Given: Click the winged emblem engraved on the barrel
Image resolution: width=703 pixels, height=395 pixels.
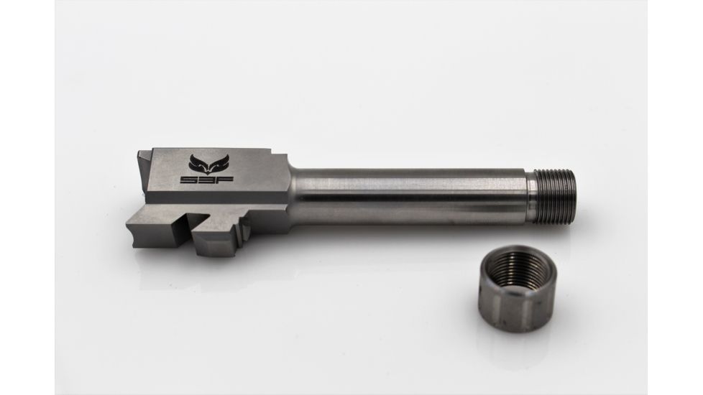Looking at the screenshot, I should coord(206,162).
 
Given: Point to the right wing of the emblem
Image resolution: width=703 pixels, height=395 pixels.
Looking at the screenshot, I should coord(214,160).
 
